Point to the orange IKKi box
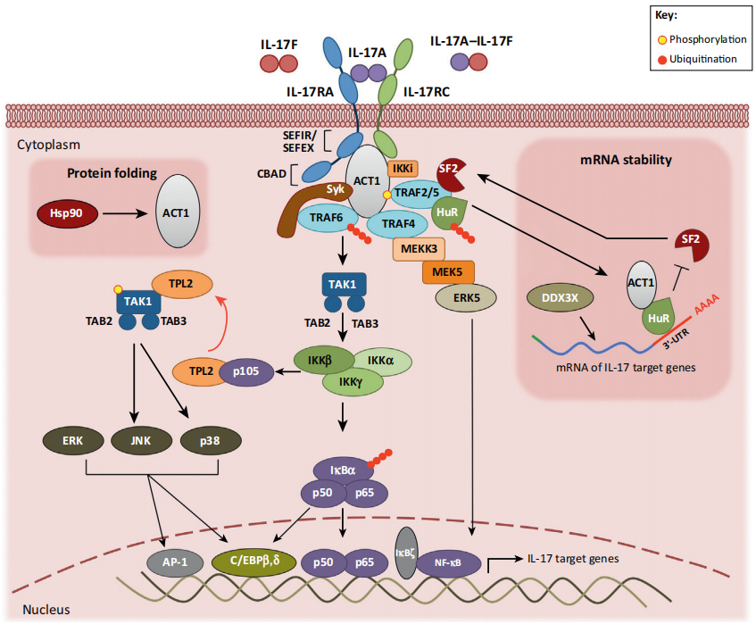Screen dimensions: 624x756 401,167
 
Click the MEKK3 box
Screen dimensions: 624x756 419,249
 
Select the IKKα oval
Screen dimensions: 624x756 383,361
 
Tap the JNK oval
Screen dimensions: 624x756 140,439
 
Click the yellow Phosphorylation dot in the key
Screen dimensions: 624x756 661,40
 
